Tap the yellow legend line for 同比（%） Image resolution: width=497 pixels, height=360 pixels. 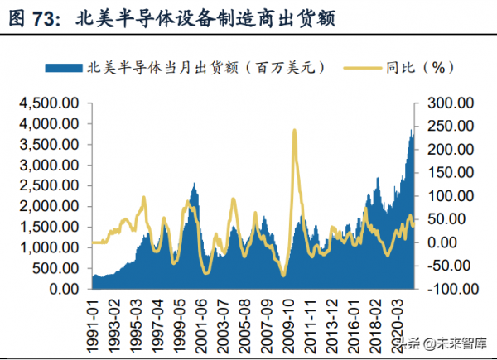359,67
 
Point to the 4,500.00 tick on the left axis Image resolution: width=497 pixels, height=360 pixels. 47,103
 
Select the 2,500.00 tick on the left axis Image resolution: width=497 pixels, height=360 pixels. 47,185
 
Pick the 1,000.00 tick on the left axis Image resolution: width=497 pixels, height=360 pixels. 47,247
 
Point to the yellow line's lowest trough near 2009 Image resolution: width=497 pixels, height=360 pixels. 283,276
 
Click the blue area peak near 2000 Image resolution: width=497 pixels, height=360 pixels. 195,184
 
